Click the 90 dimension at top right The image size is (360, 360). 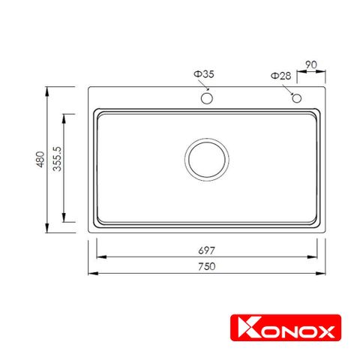pos(312,65)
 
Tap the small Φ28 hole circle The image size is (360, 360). pos(297,98)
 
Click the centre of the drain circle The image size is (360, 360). pos(205,160)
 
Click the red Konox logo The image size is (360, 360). pos(284,329)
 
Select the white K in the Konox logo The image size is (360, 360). pos(241,329)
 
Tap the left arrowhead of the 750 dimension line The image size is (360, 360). pos(91,274)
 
